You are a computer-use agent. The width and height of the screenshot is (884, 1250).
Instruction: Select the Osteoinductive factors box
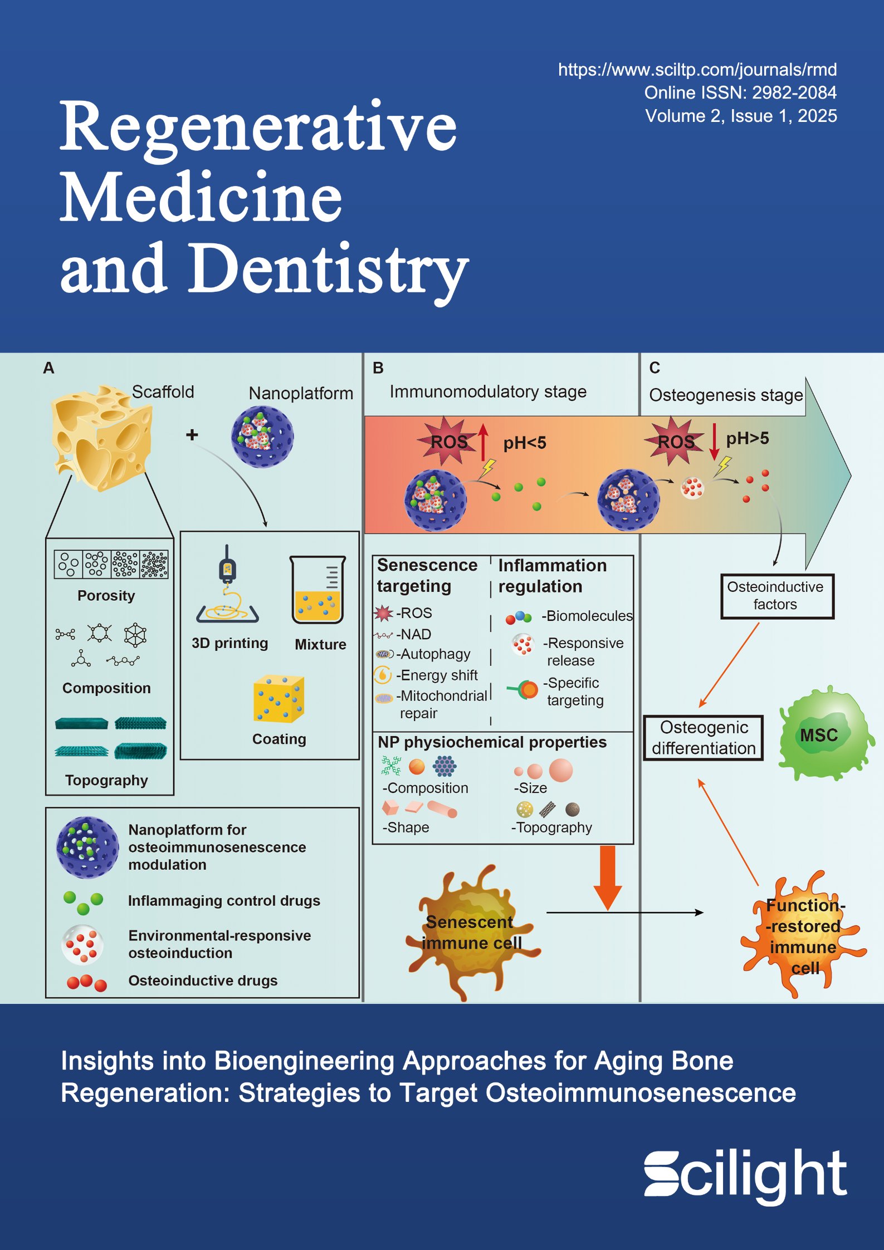777,596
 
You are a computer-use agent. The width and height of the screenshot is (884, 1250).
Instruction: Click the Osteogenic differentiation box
703,738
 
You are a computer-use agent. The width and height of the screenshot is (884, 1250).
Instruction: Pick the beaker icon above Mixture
318,590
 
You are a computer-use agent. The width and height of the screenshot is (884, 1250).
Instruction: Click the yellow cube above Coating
279,698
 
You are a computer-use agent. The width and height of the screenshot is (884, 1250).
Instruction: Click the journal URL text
697,70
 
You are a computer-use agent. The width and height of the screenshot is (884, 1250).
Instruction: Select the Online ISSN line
740,92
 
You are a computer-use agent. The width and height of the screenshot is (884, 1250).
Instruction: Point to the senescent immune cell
471,932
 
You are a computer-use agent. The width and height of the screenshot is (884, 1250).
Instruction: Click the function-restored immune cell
802,935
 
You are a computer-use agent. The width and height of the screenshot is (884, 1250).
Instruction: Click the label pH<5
525,443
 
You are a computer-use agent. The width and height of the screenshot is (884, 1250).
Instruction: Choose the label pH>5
747,439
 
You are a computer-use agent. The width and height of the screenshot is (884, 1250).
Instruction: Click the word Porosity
106,596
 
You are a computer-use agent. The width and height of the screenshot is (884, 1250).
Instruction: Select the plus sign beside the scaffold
192,435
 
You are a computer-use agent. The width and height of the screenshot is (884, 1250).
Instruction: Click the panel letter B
378,368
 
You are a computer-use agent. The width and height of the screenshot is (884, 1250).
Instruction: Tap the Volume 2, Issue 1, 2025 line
741,116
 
